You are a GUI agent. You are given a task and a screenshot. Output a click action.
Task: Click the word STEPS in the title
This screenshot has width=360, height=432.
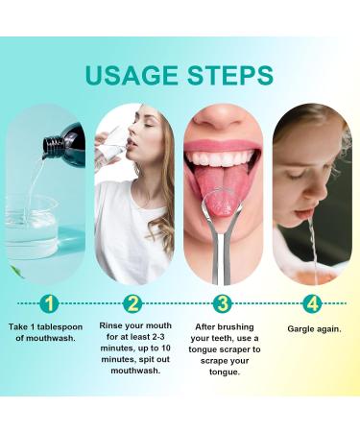(x=229, y=75)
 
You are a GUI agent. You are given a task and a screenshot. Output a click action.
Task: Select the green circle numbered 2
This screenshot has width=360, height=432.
(x=134, y=305)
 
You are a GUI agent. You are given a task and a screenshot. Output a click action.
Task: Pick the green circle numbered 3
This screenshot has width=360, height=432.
(x=223, y=305)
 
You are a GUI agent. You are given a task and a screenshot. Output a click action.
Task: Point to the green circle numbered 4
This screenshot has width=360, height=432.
(x=311, y=305)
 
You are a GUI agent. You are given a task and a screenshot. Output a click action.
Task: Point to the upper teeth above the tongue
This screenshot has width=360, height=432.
(x=223, y=159)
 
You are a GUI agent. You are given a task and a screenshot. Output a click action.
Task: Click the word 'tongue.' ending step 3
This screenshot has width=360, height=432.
(x=223, y=372)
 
